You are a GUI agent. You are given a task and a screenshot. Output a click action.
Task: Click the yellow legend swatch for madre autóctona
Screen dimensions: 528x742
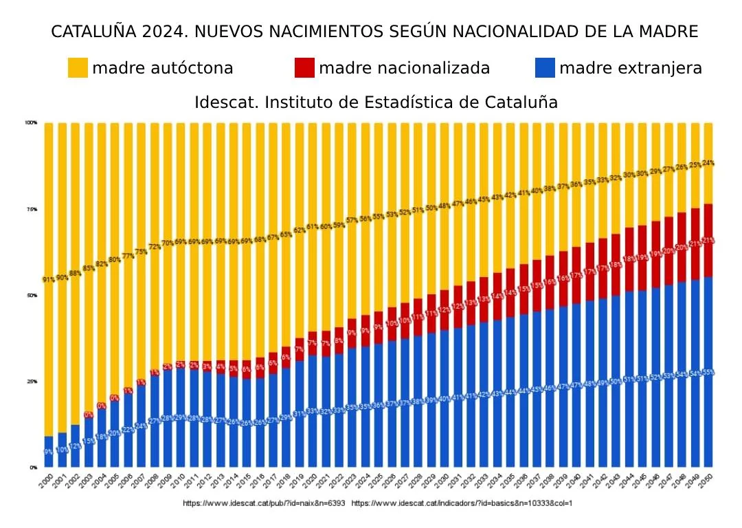(78, 68)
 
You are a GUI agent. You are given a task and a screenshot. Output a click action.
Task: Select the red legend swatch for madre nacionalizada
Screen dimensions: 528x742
(304, 68)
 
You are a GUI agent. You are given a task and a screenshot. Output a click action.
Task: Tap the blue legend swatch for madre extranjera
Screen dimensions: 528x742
(544, 68)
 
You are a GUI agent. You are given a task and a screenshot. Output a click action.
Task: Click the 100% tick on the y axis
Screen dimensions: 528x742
(31, 123)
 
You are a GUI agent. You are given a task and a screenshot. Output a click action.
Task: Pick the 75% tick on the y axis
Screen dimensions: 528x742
(32, 209)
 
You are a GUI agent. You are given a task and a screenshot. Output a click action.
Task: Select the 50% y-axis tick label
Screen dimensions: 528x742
(32, 296)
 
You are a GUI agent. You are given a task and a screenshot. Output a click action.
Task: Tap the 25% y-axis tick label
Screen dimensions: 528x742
(32, 382)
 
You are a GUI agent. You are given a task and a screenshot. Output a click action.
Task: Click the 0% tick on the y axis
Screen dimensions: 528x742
(33, 467)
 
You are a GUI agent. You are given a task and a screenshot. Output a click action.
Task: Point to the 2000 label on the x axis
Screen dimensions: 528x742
(46, 480)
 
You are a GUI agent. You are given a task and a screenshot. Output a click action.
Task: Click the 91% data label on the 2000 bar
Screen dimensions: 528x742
(49, 280)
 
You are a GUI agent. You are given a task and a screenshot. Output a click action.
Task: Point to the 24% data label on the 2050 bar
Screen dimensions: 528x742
(708, 163)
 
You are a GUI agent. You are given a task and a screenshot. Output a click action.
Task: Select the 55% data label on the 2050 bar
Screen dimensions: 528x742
(708, 373)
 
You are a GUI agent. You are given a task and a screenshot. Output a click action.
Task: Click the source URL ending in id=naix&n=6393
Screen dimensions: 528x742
(264, 503)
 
